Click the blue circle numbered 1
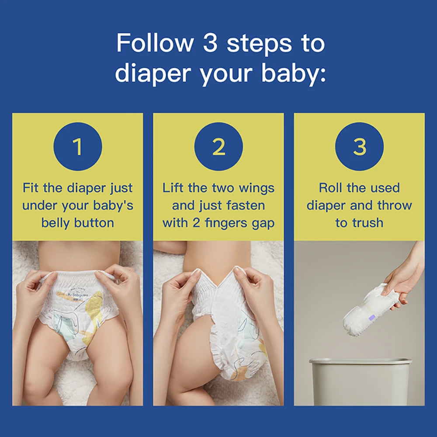point(78,146)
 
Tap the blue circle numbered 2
point(218,146)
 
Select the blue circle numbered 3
point(359,146)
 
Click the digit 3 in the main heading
point(210,43)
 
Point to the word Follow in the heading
point(155,43)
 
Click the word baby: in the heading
point(294,73)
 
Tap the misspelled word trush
point(368,223)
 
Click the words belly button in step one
point(78,223)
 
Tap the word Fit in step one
point(31,187)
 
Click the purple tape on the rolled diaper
point(372,318)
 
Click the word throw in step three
point(394,206)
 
